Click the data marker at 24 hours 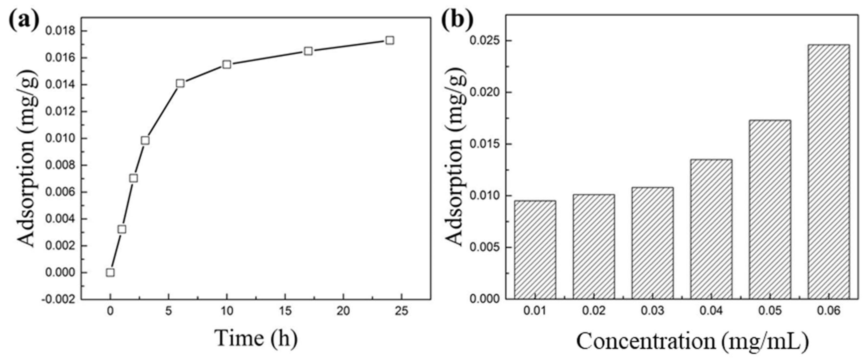pos(390,40)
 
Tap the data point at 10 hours pos(227,64)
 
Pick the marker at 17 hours pos(308,51)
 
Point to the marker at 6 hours pos(180,83)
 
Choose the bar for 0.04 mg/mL pos(711,229)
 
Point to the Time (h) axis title pos(256,338)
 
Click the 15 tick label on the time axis pos(285,311)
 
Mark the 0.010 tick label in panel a pos(61,139)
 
